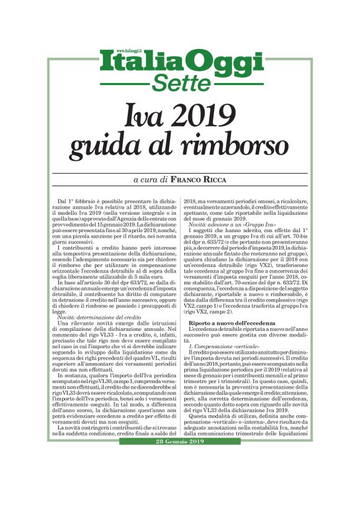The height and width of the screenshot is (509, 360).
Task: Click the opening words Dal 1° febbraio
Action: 79,202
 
